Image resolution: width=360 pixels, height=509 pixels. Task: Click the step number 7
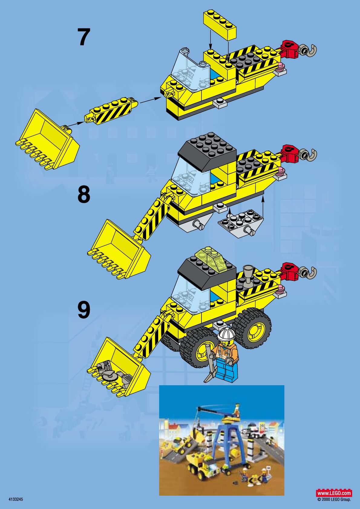click(83, 37)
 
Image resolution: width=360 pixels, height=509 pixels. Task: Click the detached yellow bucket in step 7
click(48, 140)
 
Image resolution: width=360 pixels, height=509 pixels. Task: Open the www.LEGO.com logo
click(334, 493)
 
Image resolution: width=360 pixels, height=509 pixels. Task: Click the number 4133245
click(16, 499)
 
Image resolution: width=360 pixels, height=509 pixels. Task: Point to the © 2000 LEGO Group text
click(334, 500)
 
